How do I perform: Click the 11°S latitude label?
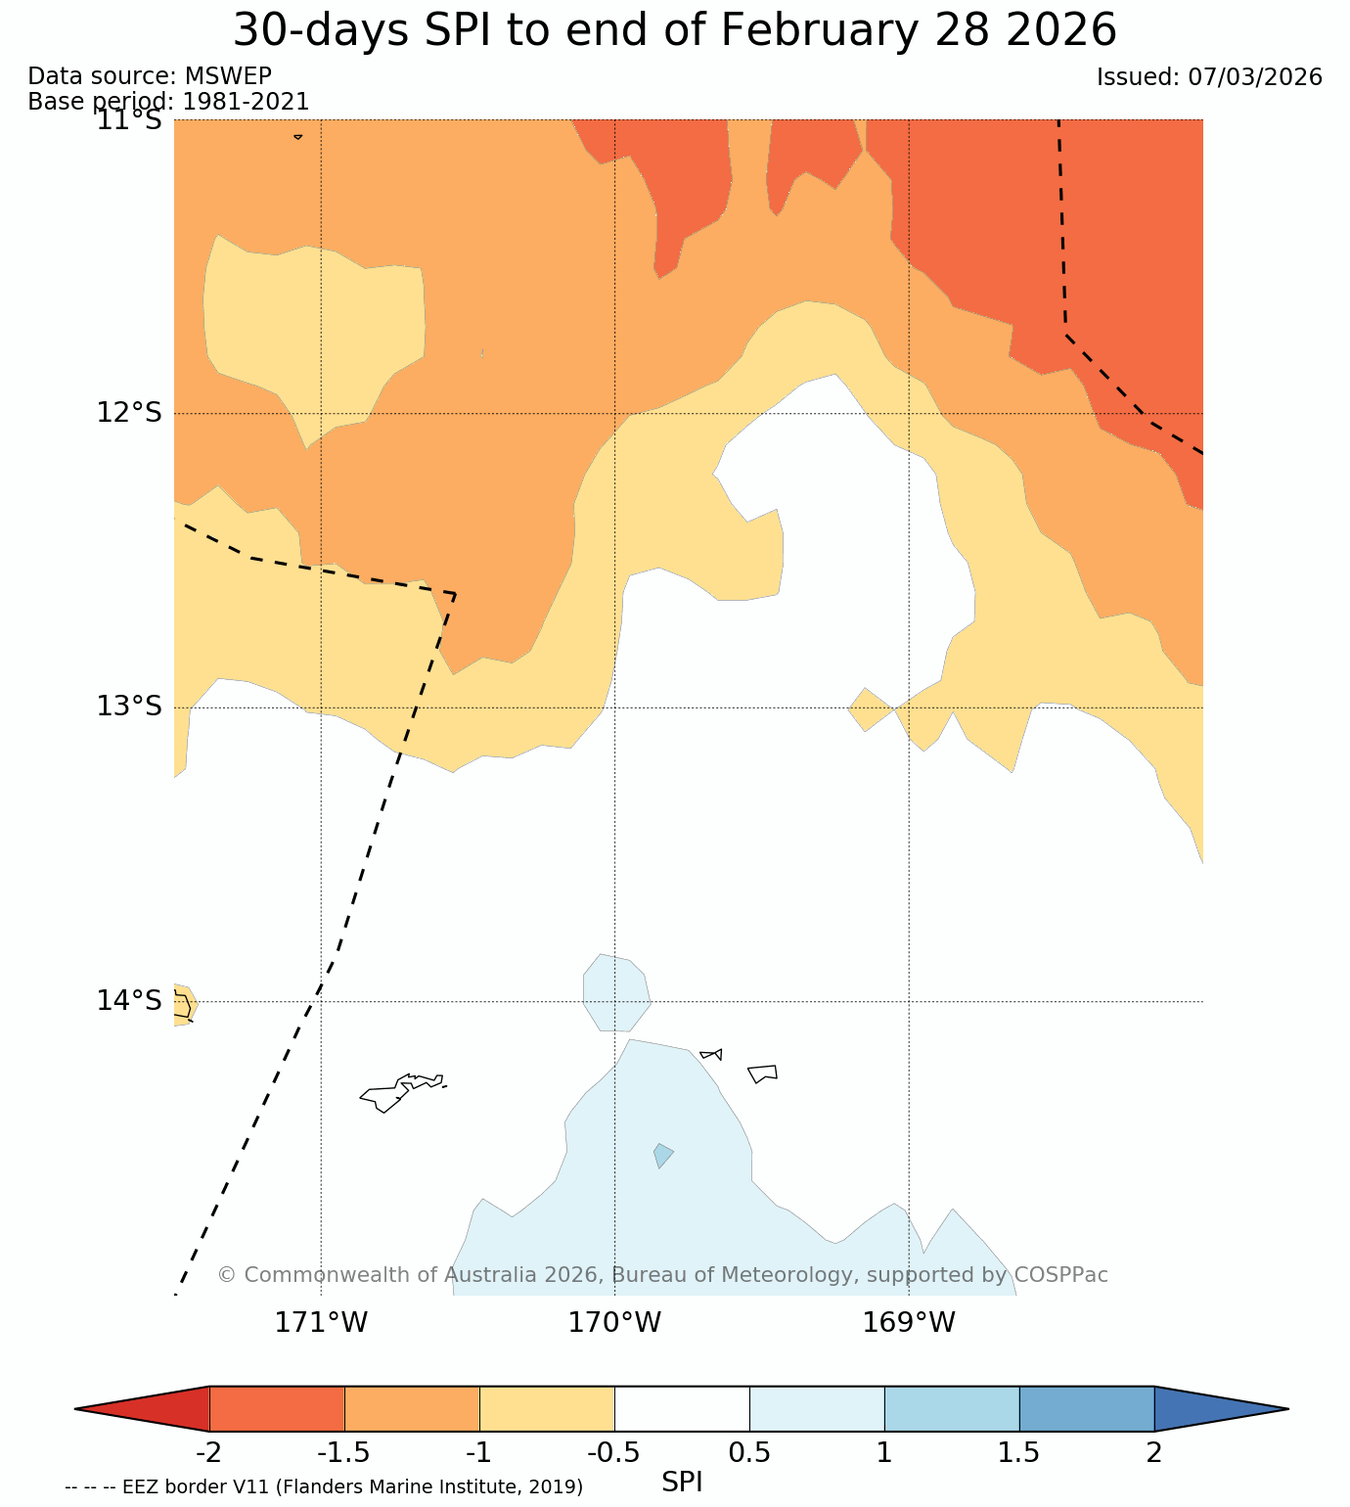point(128,120)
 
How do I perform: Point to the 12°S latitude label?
point(128,413)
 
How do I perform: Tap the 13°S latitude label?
point(128,707)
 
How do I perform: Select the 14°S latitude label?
point(128,1001)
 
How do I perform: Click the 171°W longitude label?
point(321,1323)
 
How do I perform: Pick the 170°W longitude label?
point(614,1323)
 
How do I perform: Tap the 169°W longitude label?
point(908,1323)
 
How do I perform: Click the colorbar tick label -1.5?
point(343,1452)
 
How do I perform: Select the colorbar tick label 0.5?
point(749,1452)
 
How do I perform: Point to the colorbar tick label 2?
point(1154,1452)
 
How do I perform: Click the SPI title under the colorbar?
point(682,1483)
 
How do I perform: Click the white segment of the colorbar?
point(682,1409)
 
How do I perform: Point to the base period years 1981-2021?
point(247,102)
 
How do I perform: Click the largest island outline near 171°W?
point(396,1093)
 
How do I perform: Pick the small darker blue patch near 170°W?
point(662,1156)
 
